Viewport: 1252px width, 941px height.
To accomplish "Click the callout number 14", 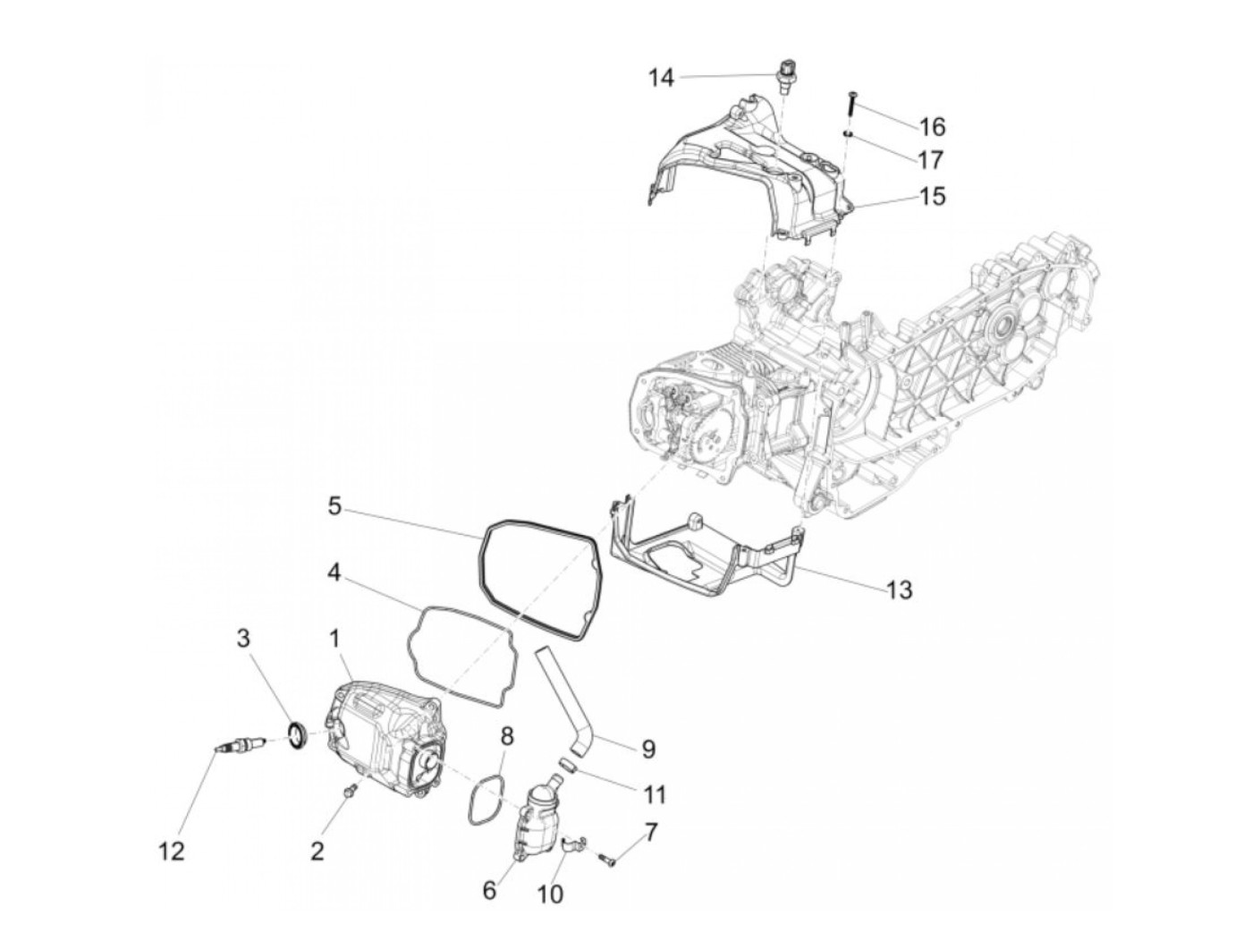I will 661,78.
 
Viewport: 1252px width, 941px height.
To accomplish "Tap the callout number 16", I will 932,126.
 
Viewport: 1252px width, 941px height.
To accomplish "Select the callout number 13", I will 900,589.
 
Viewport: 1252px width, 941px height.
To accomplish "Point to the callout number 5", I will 334,506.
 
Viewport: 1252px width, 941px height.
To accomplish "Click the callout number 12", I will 172,851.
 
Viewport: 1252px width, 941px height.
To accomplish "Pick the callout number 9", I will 648,748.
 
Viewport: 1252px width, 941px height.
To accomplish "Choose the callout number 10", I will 551,893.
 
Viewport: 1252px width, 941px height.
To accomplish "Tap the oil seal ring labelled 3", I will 298,735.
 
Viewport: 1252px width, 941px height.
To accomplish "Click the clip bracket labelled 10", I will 570,843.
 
